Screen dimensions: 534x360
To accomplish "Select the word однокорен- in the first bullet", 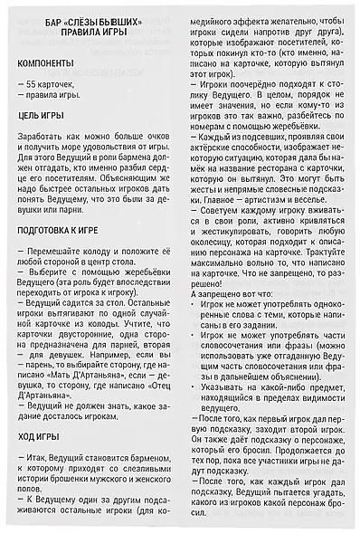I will pos(326,305).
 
